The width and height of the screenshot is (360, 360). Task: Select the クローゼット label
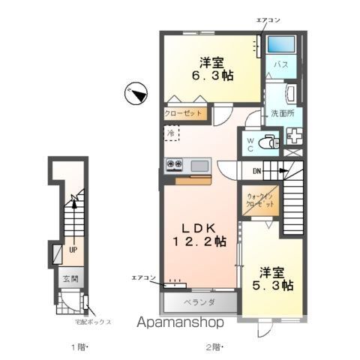pos(184,113)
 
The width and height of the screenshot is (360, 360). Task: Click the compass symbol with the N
pos(136,92)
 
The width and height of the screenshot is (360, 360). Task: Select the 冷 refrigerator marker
pos(170,133)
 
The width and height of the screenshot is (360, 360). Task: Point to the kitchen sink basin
pos(199,165)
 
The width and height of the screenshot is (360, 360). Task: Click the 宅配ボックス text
pos(92,322)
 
